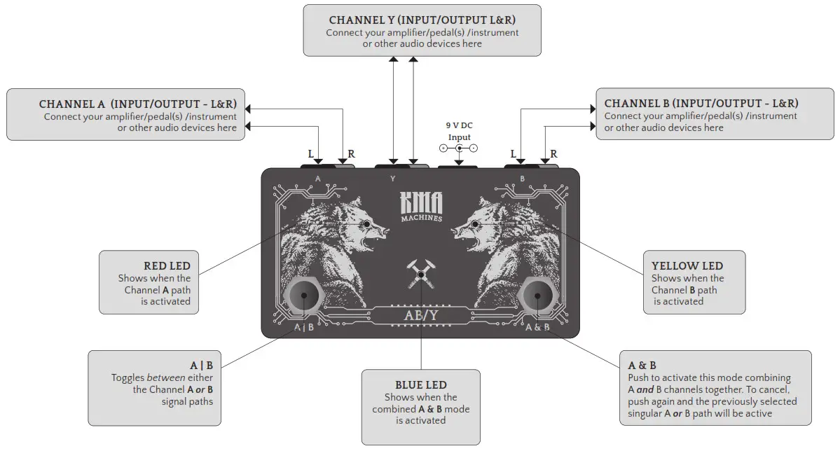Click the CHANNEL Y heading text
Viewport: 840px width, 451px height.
tap(422, 20)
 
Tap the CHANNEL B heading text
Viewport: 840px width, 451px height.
tap(701, 104)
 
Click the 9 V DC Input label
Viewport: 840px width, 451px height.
tap(459, 131)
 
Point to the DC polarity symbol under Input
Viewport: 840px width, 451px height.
tap(459, 148)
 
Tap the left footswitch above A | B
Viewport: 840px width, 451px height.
tap(304, 296)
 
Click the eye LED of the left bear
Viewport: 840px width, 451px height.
tap(367, 223)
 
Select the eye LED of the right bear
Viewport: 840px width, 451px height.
tap(475, 224)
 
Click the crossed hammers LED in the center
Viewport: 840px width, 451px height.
tap(421, 275)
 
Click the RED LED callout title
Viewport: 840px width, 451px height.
tap(167, 266)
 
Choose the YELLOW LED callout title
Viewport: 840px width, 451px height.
tap(687, 266)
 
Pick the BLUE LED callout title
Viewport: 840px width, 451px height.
tap(420, 385)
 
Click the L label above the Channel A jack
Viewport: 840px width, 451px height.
tap(310, 153)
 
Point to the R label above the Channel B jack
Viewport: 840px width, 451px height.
tap(553, 154)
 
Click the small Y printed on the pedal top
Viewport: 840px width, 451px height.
tap(392, 179)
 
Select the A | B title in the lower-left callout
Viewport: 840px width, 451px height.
tap(201, 366)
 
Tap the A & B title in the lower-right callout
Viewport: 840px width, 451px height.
tap(642, 366)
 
